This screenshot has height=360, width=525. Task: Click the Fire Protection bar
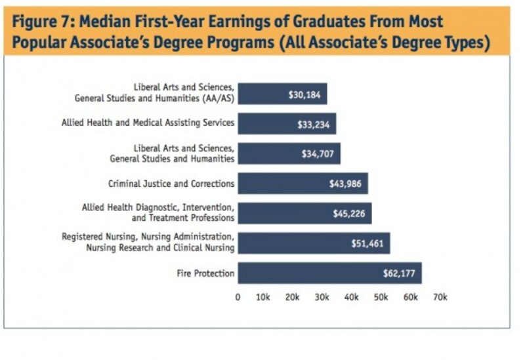(329, 273)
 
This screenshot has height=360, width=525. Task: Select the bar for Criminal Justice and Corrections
(303, 184)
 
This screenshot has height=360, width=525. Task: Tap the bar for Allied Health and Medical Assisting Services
(287, 123)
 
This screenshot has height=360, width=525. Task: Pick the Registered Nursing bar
(314, 243)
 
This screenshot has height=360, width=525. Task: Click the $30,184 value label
(304, 94)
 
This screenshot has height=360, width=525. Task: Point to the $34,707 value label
(318, 154)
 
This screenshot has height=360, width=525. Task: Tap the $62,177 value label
(399, 273)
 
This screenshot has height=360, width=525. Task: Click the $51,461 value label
(367, 243)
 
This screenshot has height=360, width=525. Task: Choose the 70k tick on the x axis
(440, 297)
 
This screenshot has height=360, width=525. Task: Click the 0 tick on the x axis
(238, 297)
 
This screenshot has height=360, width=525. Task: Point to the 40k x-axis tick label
(352, 297)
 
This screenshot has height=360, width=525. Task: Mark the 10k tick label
(263, 297)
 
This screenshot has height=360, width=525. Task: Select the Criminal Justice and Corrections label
(171, 184)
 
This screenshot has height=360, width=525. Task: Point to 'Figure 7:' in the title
(41, 21)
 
